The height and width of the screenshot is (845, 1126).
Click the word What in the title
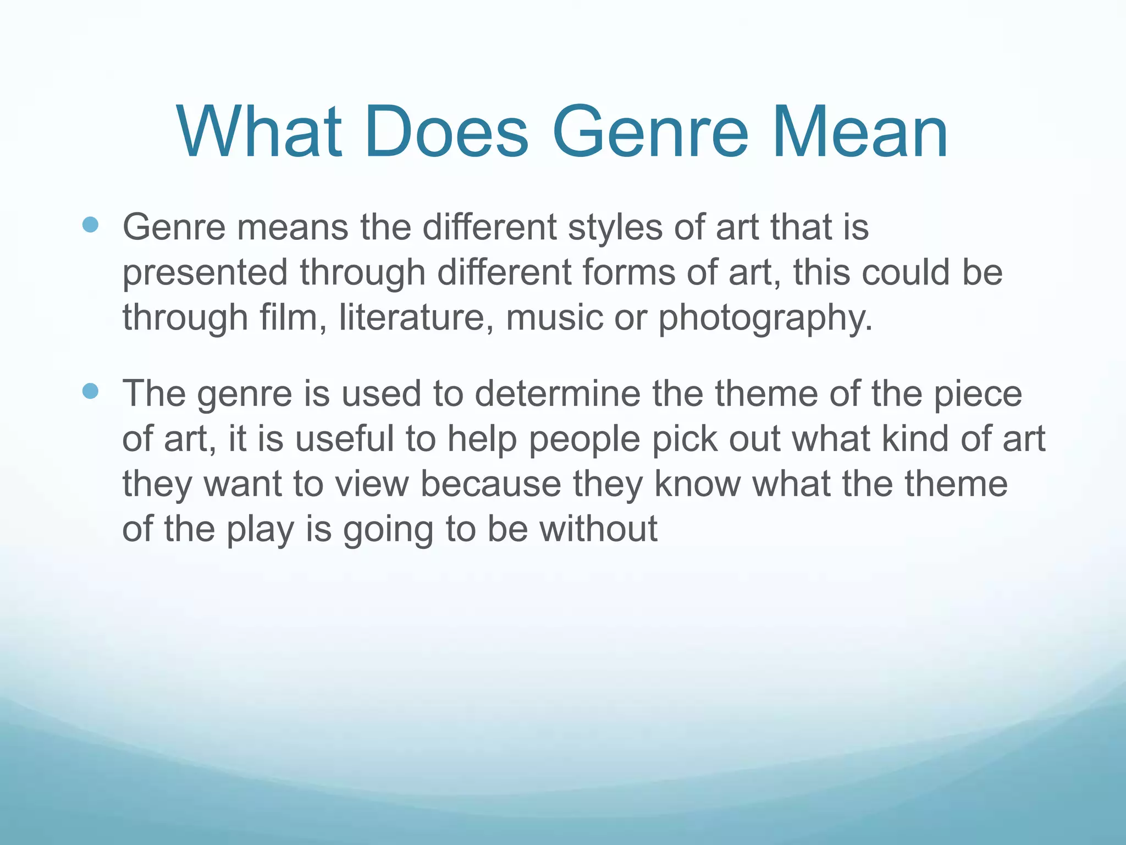[x=258, y=133]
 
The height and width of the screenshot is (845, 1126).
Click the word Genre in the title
[x=650, y=133]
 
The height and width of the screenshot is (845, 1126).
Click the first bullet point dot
[x=90, y=225]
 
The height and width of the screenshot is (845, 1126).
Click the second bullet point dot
[x=90, y=391]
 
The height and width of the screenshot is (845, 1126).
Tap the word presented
[x=205, y=273]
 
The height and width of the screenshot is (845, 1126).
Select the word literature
[x=416, y=317]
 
